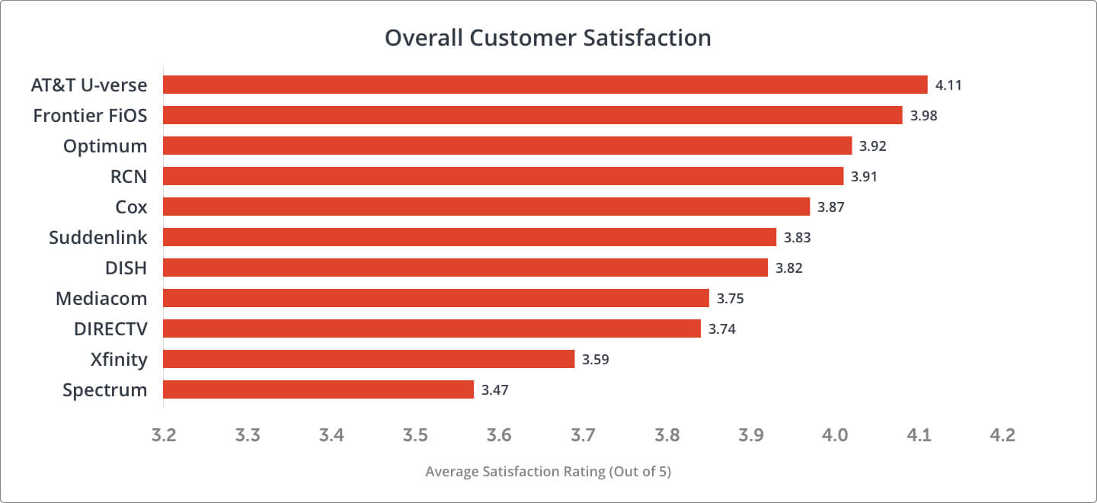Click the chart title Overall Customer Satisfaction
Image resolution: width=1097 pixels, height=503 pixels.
548,38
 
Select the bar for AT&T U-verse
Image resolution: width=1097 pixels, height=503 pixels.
545,85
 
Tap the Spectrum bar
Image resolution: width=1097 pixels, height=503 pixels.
318,389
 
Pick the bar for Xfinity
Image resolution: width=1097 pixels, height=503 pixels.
369,359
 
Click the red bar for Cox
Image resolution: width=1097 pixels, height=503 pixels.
486,207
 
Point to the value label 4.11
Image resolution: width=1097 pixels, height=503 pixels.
948,85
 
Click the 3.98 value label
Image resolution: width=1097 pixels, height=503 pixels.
923,116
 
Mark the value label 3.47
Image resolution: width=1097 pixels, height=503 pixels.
494,390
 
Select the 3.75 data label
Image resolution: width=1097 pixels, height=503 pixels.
730,299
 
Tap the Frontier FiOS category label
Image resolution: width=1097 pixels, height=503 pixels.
90,116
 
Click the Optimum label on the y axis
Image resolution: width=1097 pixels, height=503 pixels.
105,146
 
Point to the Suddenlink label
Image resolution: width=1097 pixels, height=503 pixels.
98,237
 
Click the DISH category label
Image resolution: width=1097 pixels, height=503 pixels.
126,268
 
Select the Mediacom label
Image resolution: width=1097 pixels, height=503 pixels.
101,299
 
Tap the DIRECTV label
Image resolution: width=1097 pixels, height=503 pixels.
110,328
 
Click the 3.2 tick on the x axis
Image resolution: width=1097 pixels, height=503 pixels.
163,435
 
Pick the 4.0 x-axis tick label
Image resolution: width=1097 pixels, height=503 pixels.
835,435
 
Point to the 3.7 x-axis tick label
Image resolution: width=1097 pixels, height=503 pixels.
583,435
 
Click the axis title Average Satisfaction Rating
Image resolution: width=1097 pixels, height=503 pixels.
548,472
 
